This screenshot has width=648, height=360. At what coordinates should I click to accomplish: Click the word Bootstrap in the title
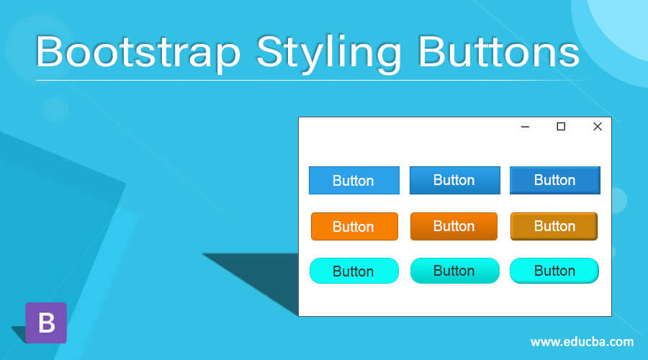point(138,52)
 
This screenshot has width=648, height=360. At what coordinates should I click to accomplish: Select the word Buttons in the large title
point(499,51)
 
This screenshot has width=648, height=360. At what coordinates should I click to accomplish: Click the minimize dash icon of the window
point(526,127)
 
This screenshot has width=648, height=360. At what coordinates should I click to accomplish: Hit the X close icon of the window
point(598,127)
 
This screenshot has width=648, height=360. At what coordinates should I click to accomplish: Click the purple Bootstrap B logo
point(46,323)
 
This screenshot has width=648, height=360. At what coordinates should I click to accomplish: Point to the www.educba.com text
point(582,342)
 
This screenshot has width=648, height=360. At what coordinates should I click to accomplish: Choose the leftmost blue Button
point(354,180)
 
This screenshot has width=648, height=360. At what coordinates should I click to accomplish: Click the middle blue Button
point(454,180)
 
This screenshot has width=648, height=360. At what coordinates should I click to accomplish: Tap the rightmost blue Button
point(555,180)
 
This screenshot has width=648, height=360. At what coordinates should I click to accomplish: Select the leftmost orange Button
point(354,227)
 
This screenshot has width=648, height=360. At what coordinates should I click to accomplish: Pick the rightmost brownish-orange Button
point(554,227)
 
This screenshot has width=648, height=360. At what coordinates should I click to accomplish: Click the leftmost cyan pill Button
point(354,271)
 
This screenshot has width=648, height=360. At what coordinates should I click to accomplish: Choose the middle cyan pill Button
point(454,271)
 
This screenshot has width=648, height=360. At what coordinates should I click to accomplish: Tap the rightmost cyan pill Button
point(554,271)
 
